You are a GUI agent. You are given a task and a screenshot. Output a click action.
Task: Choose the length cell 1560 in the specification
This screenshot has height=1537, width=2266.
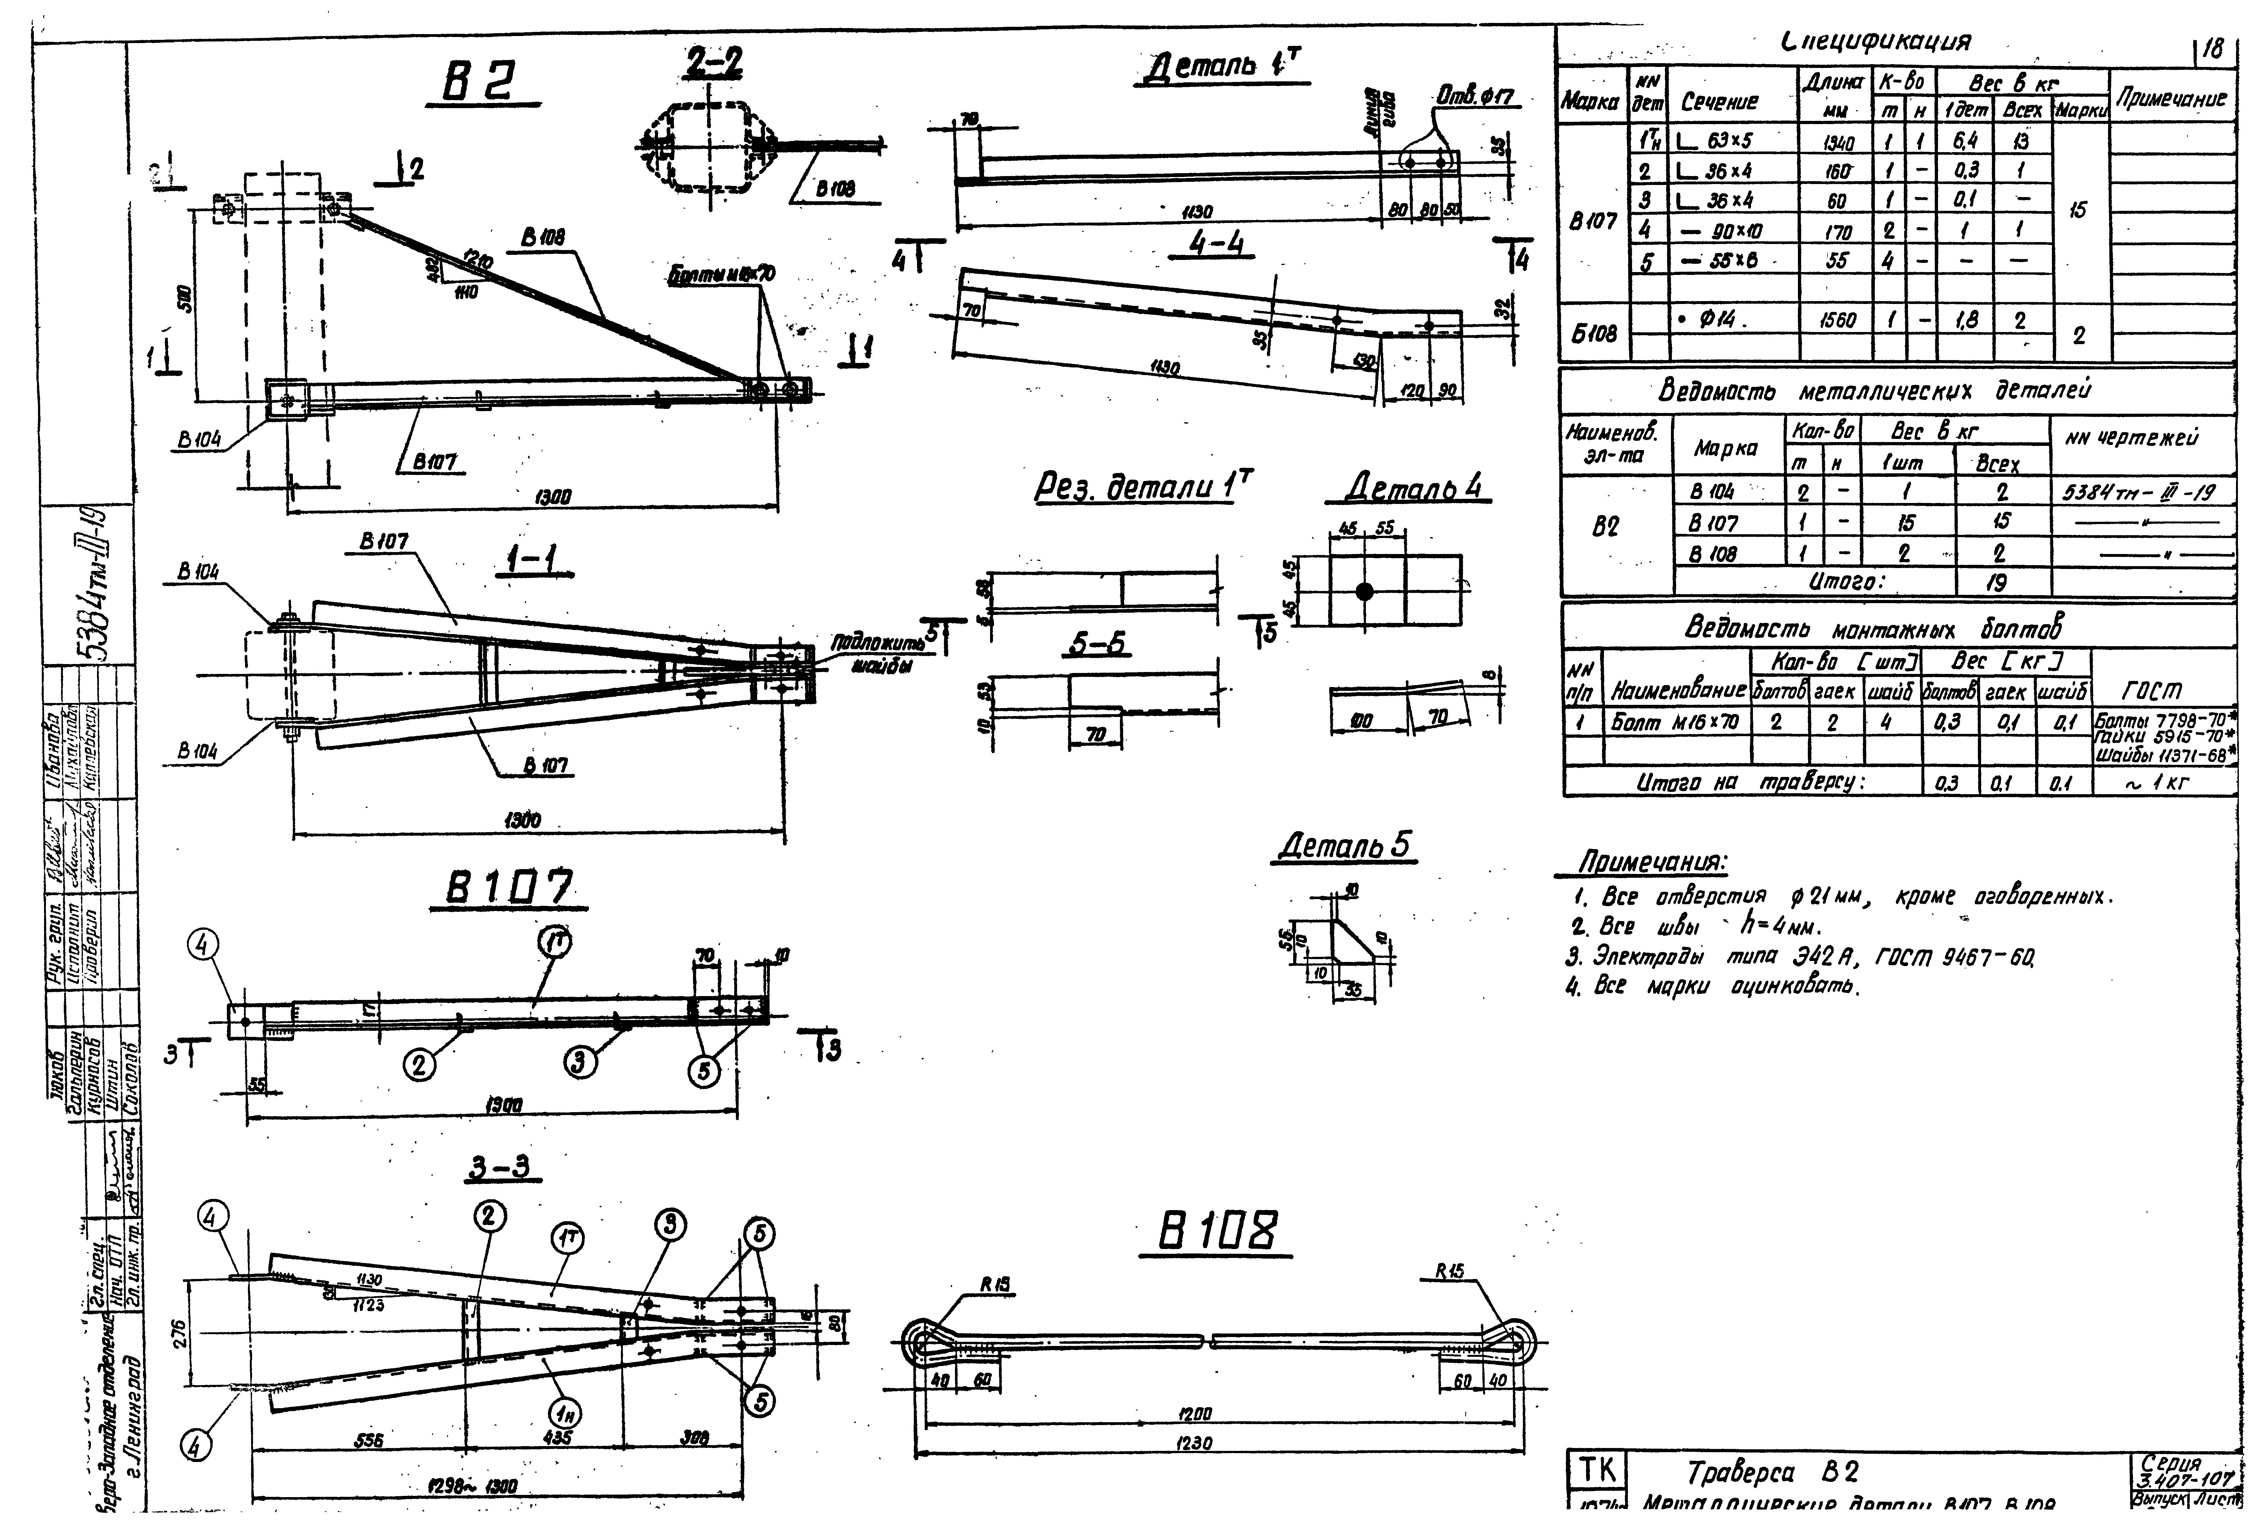pos(1838,320)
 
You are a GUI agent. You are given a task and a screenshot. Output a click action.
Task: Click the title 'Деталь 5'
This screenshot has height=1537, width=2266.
pos(1345,845)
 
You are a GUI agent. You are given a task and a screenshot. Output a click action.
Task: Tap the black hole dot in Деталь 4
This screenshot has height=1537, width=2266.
pos(1364,591)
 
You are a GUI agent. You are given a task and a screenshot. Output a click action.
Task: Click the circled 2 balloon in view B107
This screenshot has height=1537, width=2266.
pos(420,1065)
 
